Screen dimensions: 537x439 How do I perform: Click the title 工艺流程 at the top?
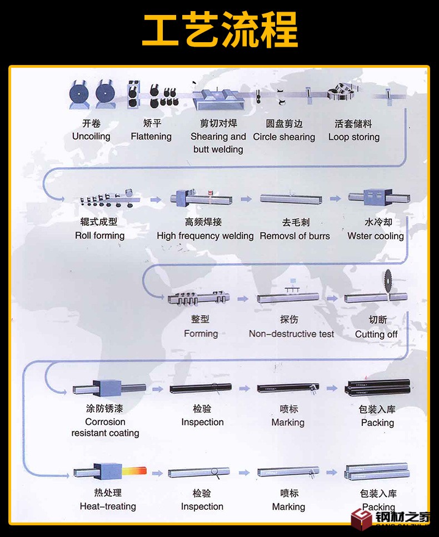click(x=219, y=31)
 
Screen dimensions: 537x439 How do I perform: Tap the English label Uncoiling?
click(x=91, y=137)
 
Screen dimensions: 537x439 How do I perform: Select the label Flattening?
click(x=151, y=137)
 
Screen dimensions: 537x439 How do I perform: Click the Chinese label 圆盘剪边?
click(x=284, y=124)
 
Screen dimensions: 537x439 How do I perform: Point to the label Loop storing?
click(x=354, y=137)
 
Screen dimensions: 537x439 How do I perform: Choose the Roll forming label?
click(x=100, y=235)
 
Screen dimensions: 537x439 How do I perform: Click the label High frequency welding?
click(x=205, y=236)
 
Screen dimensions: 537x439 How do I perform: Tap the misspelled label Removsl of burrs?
click(x=295, y=236)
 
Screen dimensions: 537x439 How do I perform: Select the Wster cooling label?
click(x=376, y=236)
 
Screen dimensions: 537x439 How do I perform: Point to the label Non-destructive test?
click(x=292, y=334)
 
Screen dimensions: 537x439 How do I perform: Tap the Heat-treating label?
click(x=108, y=506)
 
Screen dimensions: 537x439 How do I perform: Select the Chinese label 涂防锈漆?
click(x=104, y=409)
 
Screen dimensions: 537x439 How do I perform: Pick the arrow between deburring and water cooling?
click(x=335, y=198)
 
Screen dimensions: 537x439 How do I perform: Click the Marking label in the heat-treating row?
click(x=288, y=506)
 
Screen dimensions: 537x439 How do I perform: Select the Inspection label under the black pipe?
click(x=202, y=422)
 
